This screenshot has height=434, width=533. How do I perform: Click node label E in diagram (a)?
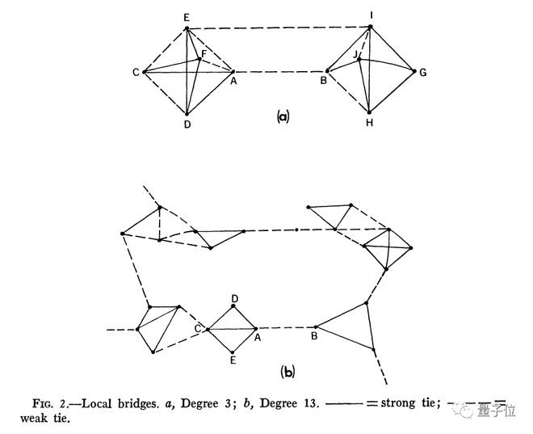click(187, 18)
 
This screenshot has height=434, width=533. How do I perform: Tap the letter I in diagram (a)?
click(371, 15)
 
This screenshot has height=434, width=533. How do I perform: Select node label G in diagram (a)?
click(423, 73)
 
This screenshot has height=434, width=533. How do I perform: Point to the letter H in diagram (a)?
click(370, 123)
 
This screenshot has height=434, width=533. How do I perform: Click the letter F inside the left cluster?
click(204, 53)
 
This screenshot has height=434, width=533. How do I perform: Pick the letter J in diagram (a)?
click(355, 54)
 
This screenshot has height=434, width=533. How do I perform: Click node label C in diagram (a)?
click(136, 73)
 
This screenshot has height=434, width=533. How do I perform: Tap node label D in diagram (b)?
click(234, 299)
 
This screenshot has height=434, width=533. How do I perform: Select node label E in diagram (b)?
click(233, 360)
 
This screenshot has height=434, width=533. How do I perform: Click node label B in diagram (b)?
click(314, 336)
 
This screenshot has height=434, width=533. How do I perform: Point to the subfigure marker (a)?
click(283, 116)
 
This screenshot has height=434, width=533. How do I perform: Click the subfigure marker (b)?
click(287, 372)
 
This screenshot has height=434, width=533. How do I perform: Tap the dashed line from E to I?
click(279, 27)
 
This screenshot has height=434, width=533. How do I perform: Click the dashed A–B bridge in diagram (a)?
click(280, 72)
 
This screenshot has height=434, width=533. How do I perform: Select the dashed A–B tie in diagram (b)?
click(286, 328)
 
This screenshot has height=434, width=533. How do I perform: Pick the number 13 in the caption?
click(312, 403)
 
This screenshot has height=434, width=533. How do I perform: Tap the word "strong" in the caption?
click(398, 403)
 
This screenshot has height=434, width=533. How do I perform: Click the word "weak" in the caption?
click(34, 418)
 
